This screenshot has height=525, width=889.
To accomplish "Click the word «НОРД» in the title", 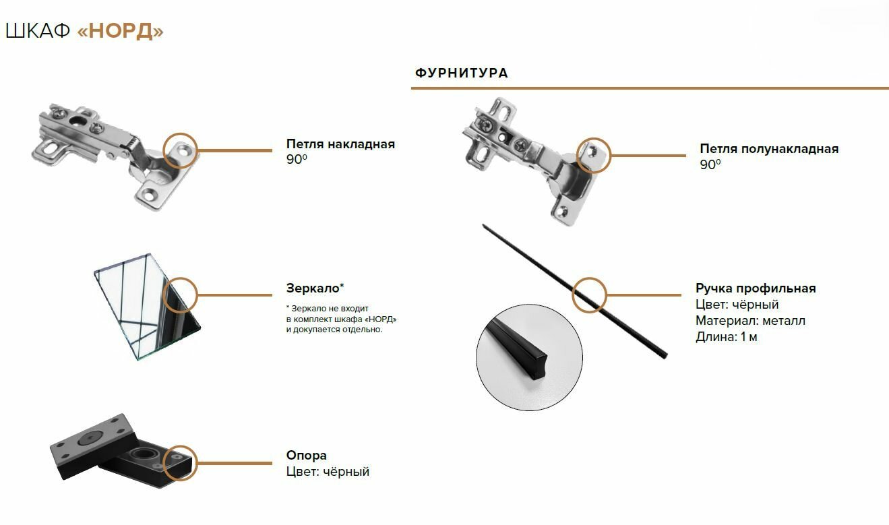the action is tap(121, 32).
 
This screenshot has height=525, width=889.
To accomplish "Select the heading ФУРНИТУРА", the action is tap(462, 73).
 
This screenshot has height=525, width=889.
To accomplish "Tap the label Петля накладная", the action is tap(340, 144).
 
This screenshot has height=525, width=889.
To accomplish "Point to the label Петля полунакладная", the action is tap(769, 149).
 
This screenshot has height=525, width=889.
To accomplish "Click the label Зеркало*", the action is tap(315, 288).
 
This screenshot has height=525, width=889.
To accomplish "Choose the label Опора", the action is tap(307, 456).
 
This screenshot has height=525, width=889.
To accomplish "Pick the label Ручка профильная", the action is tap(756, 288).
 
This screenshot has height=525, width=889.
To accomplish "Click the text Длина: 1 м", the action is tap(727, 337).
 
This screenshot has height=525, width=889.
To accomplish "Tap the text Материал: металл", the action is tap(750, 321).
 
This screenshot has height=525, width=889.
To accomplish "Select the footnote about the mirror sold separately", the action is tap(340, 319).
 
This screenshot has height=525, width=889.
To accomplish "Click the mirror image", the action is tap(145, 307).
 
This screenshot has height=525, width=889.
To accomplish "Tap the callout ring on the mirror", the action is tap(179, 295).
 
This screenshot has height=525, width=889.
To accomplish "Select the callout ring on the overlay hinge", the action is tap(181, 150).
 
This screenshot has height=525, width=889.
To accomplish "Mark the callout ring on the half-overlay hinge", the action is tap(594, 155).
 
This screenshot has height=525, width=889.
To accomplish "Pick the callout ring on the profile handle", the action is tap(590, 295).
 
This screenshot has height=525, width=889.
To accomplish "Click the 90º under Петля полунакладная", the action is tap(710, 164).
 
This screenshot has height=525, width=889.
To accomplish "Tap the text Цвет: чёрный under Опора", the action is tap(328, 472).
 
